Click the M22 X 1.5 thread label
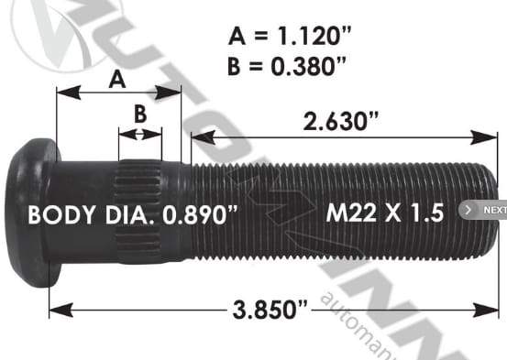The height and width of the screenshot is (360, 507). pyautogui.click(x=385, y=213)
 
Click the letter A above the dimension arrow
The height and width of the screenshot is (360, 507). pyautogui.click(x=117, y=80)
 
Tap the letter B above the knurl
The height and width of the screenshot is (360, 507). pyautogui.click(x=139, y=115)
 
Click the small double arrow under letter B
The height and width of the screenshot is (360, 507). pyautogui.click(x=139, y=134)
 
